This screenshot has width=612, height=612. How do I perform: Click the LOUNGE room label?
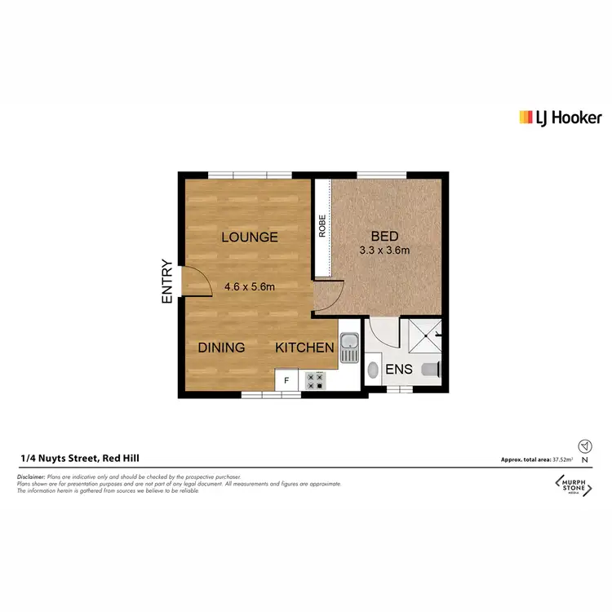250,237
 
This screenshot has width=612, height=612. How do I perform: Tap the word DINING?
221,348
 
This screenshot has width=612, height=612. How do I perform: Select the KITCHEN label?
304,348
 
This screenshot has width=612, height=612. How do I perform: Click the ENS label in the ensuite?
399,370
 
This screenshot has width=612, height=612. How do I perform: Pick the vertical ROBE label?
322,225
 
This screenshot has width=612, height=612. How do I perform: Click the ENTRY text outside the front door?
167,282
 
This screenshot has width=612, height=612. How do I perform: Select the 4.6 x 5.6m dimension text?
250,286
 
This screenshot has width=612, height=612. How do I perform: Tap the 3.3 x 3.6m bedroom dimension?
384,251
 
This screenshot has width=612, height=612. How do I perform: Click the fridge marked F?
286,380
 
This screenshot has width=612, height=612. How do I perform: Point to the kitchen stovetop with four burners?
314,380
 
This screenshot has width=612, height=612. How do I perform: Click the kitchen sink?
349,349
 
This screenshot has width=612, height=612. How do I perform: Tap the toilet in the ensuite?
430,370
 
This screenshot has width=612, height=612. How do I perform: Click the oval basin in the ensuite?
374,370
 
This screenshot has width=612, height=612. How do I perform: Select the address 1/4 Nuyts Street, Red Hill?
80,459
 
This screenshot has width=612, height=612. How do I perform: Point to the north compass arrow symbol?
584,446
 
